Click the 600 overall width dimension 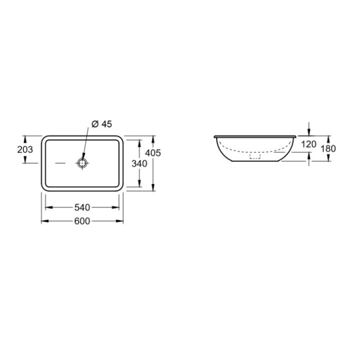(82, 221)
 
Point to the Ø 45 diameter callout (101, 125)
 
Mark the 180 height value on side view (328, 148)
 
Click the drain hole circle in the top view (82, 162)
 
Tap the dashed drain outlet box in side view (255, 156)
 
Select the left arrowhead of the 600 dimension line (43, 221)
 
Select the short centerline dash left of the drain (60, 163)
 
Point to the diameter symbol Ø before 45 (94, 125)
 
